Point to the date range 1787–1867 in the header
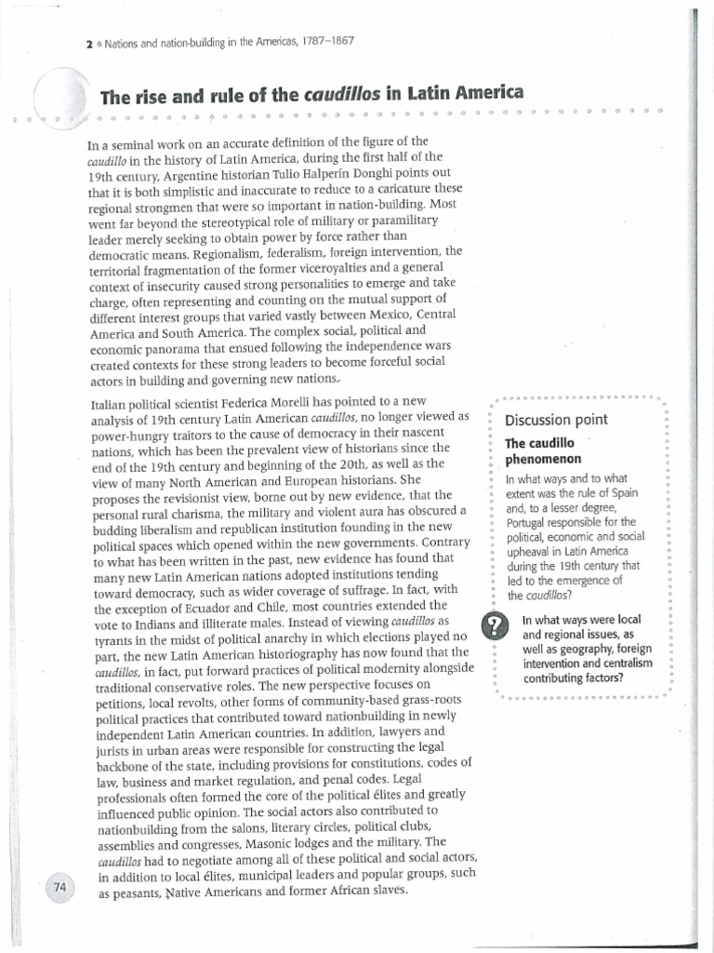pos(322,42)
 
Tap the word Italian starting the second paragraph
pos(109,401)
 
